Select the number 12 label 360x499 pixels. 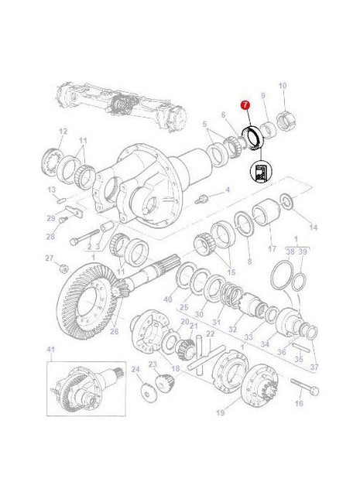coord(63,131)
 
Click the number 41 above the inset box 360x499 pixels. coord(52,350)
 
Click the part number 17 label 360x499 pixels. coord(272,249)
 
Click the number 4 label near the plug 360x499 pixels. coord(227,190)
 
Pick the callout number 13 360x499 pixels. coord(51,190)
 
